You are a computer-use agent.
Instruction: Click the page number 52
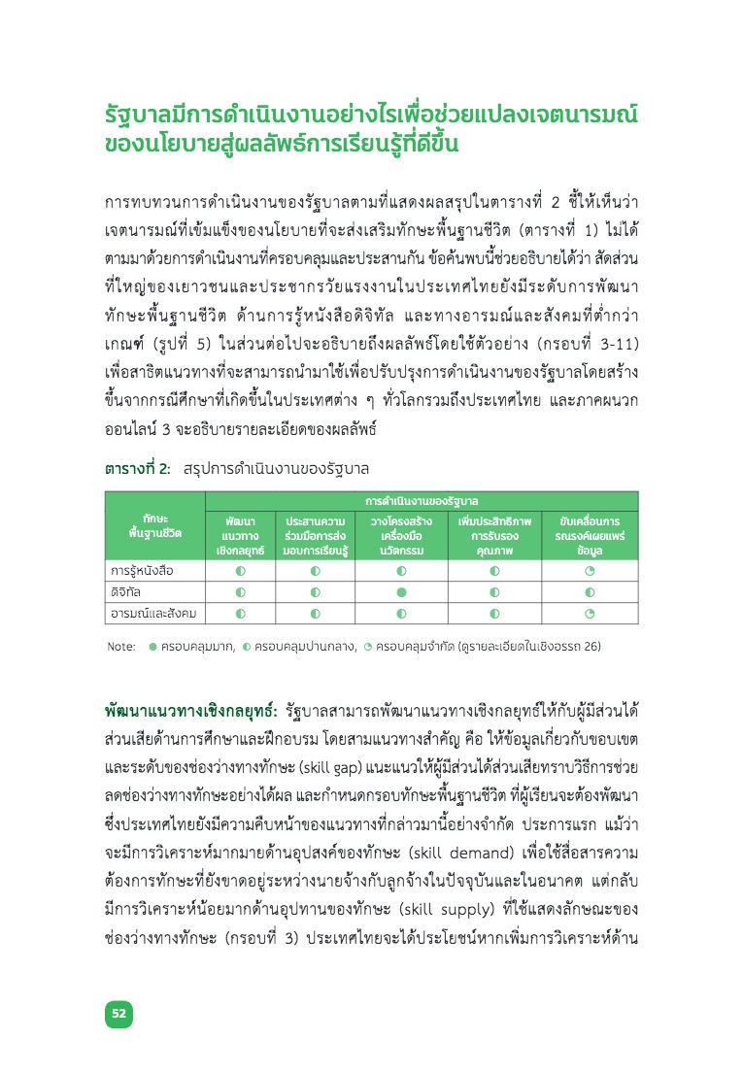click(x=118, y=1013)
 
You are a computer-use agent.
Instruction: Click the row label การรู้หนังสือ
click(x=142, y=571)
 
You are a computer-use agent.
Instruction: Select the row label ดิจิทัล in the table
click(x=127, y=591)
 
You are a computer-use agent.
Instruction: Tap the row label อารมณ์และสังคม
click(x=153, y=613)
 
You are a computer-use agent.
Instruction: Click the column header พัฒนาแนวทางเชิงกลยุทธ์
click(x=239, y=535)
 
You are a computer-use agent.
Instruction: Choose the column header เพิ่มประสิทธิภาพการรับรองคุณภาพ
click(x=494, y=535)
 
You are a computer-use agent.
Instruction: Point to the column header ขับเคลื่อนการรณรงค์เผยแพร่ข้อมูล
click(x=589, y=535)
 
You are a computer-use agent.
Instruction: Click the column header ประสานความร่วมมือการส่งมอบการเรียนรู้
click(x=316, y=535)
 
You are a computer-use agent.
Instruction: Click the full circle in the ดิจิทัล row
click(x=400, y=591)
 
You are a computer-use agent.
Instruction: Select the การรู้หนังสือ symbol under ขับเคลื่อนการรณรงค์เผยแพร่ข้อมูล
click(x=589, y=571)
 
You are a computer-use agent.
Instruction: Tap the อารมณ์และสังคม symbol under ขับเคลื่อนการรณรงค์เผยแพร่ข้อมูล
click(x=589, y=613)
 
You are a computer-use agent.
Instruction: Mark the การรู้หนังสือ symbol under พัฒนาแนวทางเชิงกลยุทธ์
click(x=240, y=571)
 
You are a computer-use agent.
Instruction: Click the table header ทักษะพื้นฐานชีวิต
click(x=154, y=526)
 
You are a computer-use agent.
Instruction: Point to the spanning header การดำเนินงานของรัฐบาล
click(x=422, y=501)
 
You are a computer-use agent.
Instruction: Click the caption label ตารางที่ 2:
click(x=138, y=468)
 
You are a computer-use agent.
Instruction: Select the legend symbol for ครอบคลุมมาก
click(x=152, y=645)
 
